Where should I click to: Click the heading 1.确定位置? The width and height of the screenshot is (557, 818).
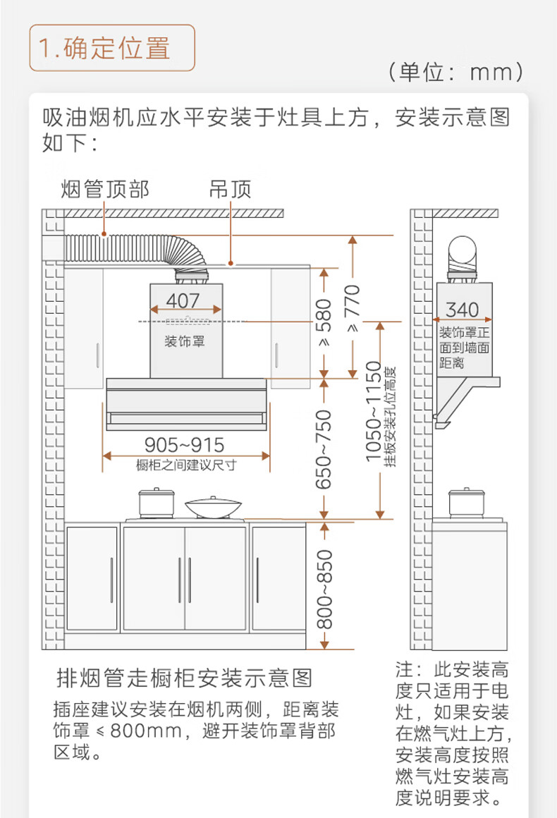click(x=104, y=48)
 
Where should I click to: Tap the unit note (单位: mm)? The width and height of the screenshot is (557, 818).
click(x=455, y=71)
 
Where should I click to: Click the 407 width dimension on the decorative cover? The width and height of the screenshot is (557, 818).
click(x=183, y=300)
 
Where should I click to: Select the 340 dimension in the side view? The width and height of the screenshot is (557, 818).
click(x=462, y=310)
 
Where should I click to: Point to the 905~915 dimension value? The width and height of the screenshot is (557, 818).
click(x=185, y=445)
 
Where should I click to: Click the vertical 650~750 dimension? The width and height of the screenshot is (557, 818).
click(x=324, y=449)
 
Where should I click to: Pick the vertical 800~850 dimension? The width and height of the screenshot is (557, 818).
click(x=324, y=589)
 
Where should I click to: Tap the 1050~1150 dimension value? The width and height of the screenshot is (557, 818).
click(x=374, y=412)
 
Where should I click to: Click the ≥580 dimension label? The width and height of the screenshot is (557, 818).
click(x=324, y=322)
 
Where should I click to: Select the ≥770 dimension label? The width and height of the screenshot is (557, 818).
click(x=353, y=308)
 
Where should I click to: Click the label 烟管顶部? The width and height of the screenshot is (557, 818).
click(x=105, y=190)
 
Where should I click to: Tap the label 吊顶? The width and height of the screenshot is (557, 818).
click(x=230, y=190)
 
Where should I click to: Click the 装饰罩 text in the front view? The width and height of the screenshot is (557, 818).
click(x=185, y=342)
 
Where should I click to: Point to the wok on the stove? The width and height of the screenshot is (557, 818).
click(x=214, y=507)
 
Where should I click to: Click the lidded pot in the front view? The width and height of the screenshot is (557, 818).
click(x=156, y=503)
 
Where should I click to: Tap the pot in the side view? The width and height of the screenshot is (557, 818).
click(x=467, y=503)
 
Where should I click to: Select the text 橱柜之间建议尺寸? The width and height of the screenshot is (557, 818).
click(x=186, y=465)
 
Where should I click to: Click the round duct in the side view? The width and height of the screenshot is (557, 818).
click(x=463, y=254)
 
